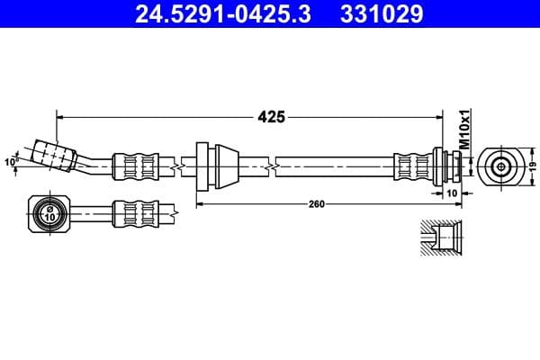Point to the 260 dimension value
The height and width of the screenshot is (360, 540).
click(x=316, y=204)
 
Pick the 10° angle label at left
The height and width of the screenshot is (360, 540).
click(x=10, y=162)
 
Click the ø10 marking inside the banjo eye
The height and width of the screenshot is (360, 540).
click(x=49, y=214)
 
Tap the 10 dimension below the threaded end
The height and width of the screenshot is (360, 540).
click(x=452, y=192)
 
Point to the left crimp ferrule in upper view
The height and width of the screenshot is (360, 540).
click(x=134, y=166)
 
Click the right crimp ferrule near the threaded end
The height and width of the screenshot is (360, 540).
click(x=414, y=166)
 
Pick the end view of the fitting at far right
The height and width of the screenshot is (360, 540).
click(x=500, y=166)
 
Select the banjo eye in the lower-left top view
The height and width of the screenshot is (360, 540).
click(x=49, y=213)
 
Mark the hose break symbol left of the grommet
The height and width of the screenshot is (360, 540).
click(x=183, y=166)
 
